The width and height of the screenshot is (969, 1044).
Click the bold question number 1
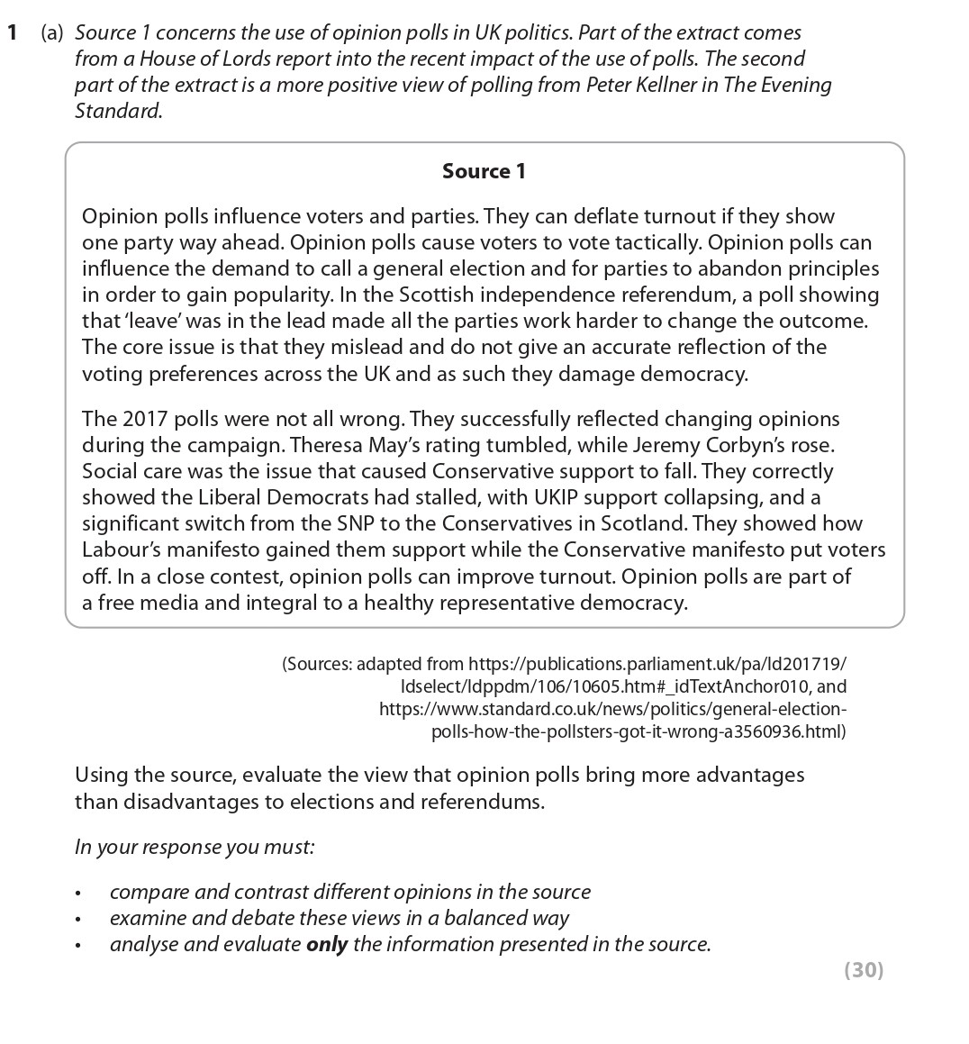click(x=12, y=33)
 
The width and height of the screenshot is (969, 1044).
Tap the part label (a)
click(x=52, y=33)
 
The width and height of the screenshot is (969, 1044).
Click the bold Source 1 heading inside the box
click(x=484, y=171)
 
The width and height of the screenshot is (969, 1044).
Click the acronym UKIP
click(x=540, y=497)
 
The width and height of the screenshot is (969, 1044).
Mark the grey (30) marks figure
click(x=864, y=969)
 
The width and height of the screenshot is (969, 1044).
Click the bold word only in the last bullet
click(x=326, y=944)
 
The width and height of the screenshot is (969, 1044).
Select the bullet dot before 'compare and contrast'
click(x=79, y=894)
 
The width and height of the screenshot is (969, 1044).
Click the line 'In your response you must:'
click(x=195, y=847)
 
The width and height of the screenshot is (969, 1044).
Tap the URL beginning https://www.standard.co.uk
click(x=612, y=709)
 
